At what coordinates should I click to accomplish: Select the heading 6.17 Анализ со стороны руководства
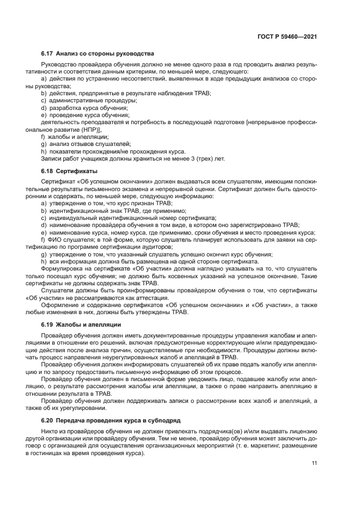[97, 54]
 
